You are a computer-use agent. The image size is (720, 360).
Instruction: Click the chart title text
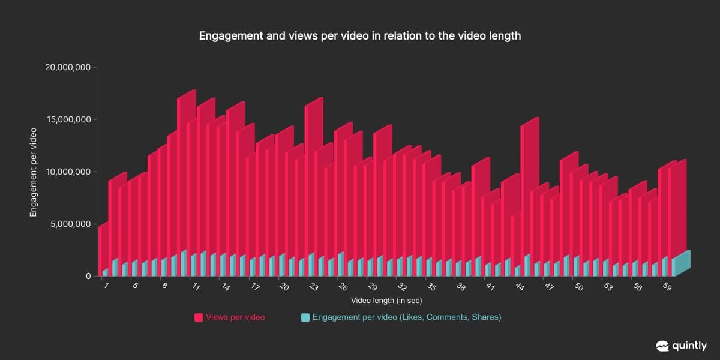click(360, 36)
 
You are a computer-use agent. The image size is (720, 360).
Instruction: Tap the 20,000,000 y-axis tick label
click(68, 67)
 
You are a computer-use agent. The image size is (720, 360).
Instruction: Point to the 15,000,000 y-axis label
click(68, 119)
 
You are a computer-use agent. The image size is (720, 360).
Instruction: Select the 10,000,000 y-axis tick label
click(68, 172)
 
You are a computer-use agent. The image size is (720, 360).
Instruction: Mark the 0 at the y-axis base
click(88, 276)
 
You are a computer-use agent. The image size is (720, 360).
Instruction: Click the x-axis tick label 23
click(313, 287)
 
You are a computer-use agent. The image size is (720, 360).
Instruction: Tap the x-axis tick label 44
click(519, 287)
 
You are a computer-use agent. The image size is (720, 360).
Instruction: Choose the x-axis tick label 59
click(666, 287)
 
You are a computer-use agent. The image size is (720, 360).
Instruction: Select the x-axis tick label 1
click(106, 286)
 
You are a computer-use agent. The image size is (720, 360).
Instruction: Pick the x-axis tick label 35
click(431, 287)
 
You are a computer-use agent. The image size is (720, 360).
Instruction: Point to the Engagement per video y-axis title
click(34, 173)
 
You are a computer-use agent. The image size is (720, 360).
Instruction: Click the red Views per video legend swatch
click(198, 317)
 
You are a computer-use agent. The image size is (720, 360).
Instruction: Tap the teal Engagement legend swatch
click(305, 317)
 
